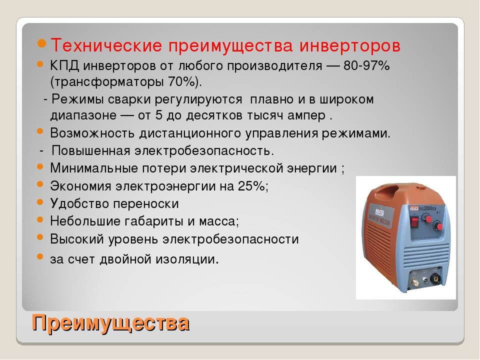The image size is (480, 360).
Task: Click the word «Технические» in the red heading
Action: click(x=106, y=45)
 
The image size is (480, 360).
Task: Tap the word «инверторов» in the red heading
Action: click(x=350, y=45)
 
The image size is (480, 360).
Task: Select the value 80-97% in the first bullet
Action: click(x=366, y=65)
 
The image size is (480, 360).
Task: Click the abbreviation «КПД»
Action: click(x=64, y=65)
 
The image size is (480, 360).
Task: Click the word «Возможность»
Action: click(x=92, y=133)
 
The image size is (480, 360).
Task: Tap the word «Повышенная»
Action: click(x=91, y=151)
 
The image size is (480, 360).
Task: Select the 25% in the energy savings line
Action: click(x=252, y=186)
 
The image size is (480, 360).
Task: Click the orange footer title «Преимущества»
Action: click(x=111, y=322)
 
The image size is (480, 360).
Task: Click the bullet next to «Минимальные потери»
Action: click(x=40, y=166)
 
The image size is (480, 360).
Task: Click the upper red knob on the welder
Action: click(x=428, y=219)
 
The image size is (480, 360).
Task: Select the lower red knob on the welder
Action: click(x=439, y=227)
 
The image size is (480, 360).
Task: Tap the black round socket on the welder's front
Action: click(x=434, y=279)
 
